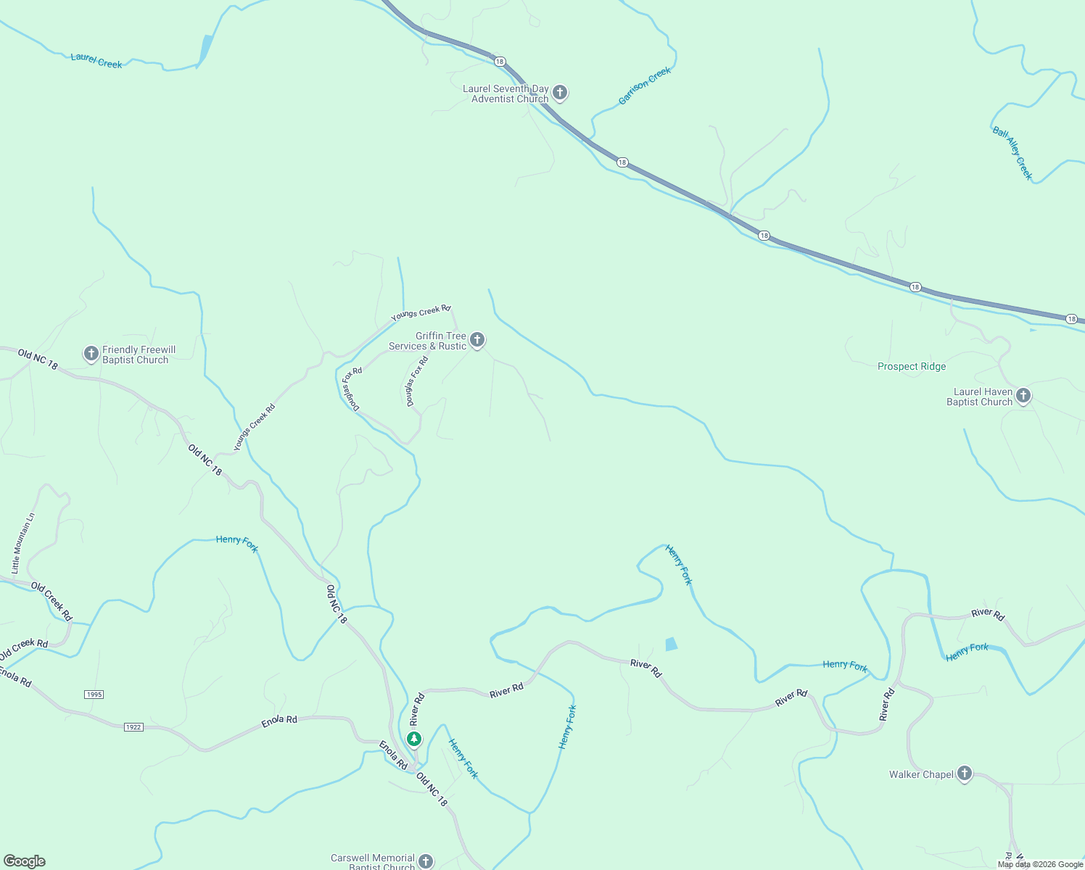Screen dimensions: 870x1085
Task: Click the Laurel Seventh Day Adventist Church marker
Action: tap(559, 92)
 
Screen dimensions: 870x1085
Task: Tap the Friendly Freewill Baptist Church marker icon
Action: tap(91, 353)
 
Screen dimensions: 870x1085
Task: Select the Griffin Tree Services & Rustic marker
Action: tap(477, 339)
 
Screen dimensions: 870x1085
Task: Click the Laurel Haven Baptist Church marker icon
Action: tap(1023, 395)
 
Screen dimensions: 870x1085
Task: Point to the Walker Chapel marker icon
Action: tap(965, 773)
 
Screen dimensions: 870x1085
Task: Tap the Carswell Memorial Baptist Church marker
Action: tap(426, 861)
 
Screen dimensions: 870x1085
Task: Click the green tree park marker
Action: tap(414, 739)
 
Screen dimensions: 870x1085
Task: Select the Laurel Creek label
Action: tap(96, 60)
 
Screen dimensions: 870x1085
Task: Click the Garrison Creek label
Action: tap(645, 86)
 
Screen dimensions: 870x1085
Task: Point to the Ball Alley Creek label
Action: tap(1012, 153)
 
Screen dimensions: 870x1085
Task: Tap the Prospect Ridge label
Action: tap(912, 367)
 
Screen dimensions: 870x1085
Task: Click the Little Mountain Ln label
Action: tap(22, 543)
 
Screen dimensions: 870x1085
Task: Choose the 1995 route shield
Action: tap(94, 695)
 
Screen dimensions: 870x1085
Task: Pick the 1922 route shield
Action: tap(133, 726)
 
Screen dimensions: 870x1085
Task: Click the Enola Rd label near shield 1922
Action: tap(279, 721)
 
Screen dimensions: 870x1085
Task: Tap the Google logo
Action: tap(24, 861)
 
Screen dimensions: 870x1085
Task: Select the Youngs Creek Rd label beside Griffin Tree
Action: tap(421, 313)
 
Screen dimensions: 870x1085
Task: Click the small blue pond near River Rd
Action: tap(672, 644)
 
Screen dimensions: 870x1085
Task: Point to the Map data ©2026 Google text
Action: tap(1040, 864)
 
